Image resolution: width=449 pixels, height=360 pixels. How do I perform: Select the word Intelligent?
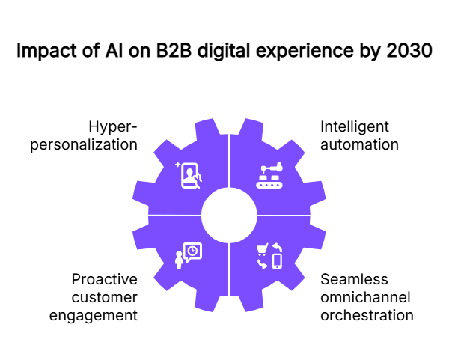click(x=355, y=126)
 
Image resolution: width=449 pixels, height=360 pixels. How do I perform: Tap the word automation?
click(x=359, y=144)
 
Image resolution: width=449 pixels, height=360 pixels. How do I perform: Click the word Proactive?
click(x=105, y=279)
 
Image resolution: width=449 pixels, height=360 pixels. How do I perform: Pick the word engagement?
click(x=94, y=315)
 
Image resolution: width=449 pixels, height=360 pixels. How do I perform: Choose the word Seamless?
click(x=354, y=279)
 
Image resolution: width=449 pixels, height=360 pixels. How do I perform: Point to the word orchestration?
click(x=367, y=315)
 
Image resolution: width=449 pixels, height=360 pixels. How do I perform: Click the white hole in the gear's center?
click(x=228, y=216)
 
